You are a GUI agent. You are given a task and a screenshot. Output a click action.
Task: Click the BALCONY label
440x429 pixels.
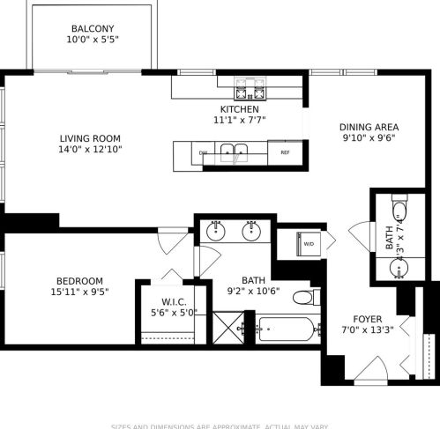point(93,27)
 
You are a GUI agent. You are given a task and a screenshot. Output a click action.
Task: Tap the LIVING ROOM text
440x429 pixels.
point(90,137)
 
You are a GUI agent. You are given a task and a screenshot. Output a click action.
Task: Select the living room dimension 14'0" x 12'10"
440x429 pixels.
point(90,150)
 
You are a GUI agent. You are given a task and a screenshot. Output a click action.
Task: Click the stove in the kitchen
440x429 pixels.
point(249,90)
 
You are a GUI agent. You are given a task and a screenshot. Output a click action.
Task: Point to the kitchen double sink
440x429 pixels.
point(234,152)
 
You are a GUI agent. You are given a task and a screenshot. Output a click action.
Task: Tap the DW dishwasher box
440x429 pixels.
point(203,152)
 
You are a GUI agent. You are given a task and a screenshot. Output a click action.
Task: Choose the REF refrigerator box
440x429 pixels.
point(285,152)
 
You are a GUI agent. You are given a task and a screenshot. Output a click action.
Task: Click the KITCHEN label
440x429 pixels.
point(240,109)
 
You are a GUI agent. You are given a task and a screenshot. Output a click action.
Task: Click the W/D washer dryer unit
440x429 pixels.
point(309,243)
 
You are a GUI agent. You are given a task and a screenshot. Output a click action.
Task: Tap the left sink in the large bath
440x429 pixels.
point(216,232)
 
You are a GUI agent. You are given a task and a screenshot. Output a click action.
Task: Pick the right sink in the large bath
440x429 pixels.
point(253,232)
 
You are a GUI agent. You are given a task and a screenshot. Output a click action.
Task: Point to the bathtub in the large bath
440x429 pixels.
point(284,331)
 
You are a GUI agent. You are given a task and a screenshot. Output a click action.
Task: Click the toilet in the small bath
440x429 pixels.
point(399,211)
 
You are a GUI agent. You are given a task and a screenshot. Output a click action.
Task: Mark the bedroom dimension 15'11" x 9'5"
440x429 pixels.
point(80,292)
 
